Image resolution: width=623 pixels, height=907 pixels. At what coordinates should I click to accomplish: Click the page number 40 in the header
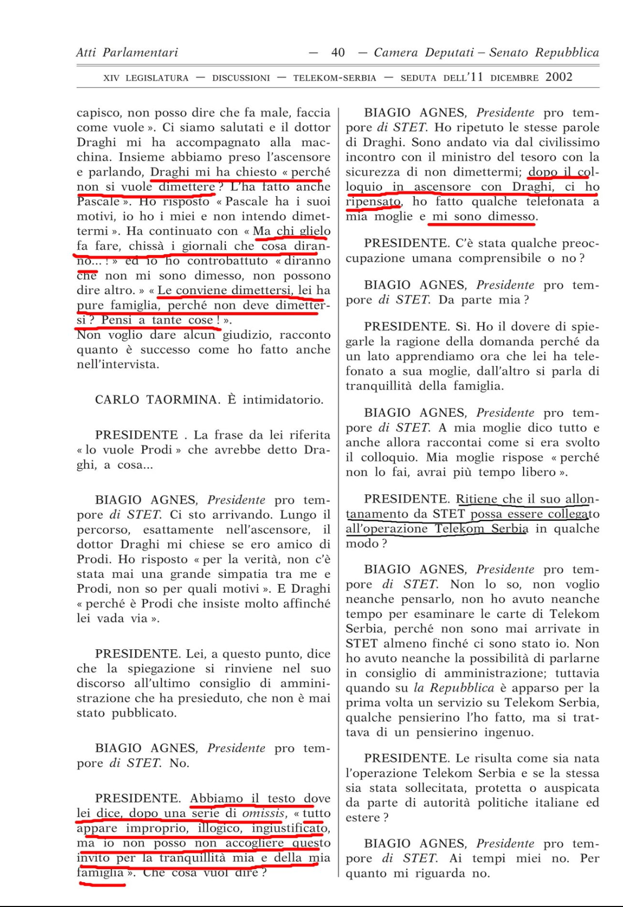coord(337,52)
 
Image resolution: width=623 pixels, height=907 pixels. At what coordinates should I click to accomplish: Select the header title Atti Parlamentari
coord(127,52)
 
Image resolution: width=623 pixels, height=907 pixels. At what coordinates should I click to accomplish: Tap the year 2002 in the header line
coord(559,77)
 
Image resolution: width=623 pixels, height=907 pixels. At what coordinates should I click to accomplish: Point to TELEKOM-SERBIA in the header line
coord(334,78)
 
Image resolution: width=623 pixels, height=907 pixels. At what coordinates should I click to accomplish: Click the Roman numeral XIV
coord(111,78)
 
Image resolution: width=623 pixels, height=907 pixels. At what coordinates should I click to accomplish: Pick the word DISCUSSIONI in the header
coord(241,78)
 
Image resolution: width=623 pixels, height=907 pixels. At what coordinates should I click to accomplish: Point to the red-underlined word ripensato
coord(373,201)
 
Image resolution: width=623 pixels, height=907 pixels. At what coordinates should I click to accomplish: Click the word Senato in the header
coord(510,52)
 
